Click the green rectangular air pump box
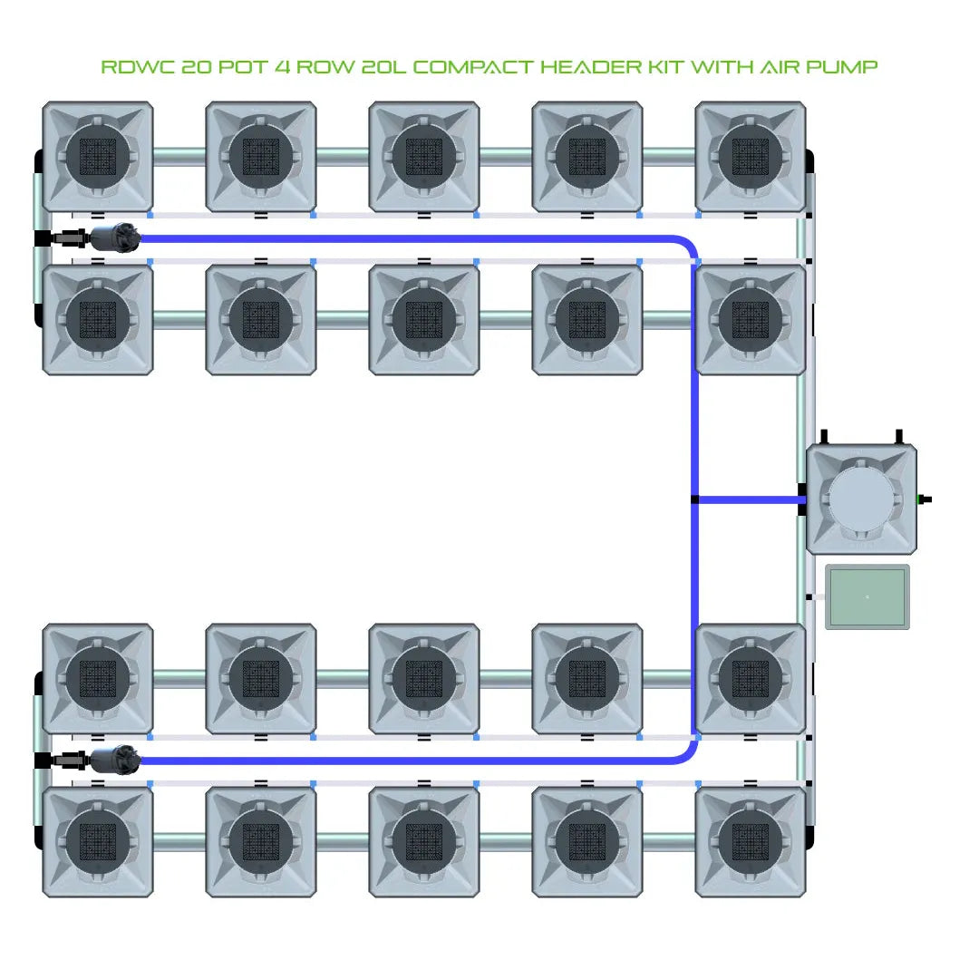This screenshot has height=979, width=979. (868, 597)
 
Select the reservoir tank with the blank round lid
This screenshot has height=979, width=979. (861, 499)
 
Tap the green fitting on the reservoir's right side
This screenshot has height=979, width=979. (924, 499)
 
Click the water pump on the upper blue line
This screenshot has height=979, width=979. (116, 238)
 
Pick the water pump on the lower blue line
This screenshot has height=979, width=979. (116, 760)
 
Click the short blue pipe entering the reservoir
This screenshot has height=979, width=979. (748, 499)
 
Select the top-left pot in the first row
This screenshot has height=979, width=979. (98, 157)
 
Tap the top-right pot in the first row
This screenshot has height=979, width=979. (751, 157)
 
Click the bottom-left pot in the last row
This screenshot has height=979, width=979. (98, 842)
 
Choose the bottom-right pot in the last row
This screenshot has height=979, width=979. (751, 842)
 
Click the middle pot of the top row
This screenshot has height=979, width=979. (424, 157)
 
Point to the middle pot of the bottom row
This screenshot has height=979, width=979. (424, 842)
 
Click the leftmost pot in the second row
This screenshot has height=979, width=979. (98, 320)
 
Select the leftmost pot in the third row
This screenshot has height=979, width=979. (98, 678)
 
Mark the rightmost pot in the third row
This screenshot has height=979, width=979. (751, 678)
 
